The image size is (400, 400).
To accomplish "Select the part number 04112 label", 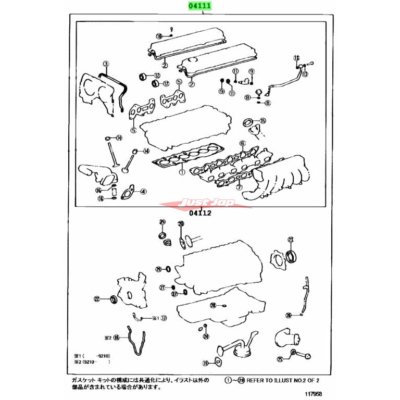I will tap(200, 213).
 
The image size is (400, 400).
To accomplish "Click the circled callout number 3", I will tap(106, 65).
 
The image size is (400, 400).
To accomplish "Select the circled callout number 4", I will tap(242, 143).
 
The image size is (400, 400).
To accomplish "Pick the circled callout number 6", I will tap(239, 187).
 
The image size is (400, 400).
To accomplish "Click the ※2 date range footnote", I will tap(93, 361).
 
